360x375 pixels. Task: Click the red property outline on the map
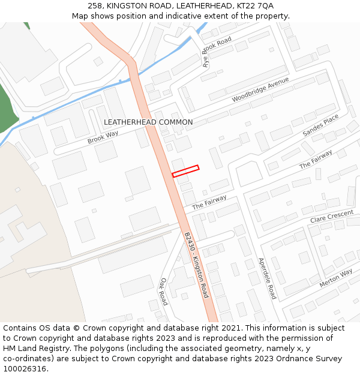pyautogui.click(x=185, y=171)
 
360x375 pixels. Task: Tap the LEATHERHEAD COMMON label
pyautogui.click(x=148, y=122)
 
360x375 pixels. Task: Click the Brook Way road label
pyautogui.click(x=103, y=138)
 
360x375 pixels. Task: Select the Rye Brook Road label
pyautogui.click(x=217, y=52)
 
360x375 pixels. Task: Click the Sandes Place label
pyautogui.click(x=321, y=126)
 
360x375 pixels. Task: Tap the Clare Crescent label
pyautogui.click(x=332, y=217)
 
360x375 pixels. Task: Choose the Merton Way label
pyautogui.click(x=336, y=278)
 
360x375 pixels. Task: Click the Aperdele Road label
pyautogui.click(x=266, y=278)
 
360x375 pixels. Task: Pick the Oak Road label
pyautogui.click(x=163, y=291)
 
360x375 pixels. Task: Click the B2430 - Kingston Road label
pyautogui.click(x=196, y=265)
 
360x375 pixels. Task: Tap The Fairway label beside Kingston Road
pyautogui.click(x=209, y=202)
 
